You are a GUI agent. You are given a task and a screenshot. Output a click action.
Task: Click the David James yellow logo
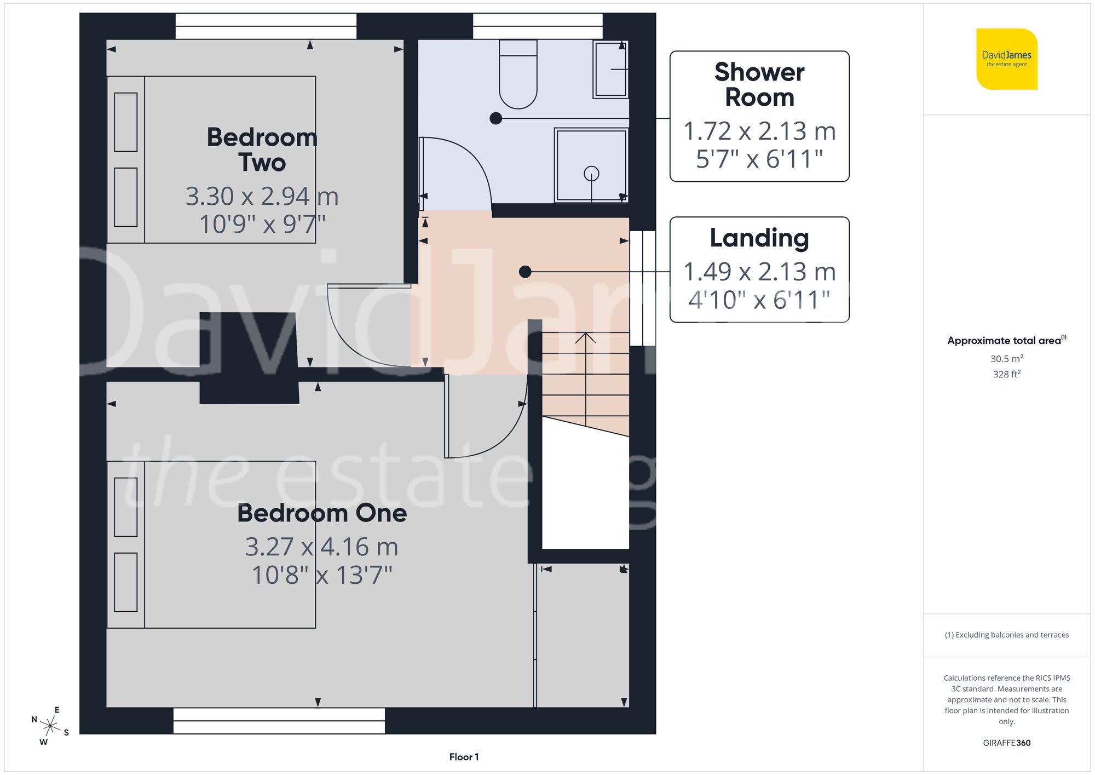[x=1006, y=59]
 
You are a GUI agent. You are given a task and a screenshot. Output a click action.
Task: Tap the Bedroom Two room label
[x=262, y=150]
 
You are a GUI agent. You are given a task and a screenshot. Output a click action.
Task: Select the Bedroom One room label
[x=322, y=513]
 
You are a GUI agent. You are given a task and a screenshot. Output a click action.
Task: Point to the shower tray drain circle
[x=591, y=174]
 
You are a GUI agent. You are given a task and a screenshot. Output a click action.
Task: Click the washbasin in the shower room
[x=610, y=70]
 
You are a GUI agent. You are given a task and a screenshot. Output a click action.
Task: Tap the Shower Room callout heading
[x=759, y=85]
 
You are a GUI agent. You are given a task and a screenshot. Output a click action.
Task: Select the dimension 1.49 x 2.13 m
[x=759, y=272]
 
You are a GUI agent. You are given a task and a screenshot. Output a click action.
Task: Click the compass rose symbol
[x=50, y=726]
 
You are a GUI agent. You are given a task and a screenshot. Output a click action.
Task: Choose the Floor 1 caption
[x=464, y=757]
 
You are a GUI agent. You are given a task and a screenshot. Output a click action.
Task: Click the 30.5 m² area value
[x=1006, y=359]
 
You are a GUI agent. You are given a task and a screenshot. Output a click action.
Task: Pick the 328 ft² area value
[x=1006, y=374]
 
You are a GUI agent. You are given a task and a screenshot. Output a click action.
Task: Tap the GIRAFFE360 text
[x=1006, y=743]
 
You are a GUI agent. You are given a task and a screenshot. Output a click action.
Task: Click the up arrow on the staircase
[x=585, y=340]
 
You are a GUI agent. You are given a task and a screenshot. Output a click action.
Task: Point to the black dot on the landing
[x=525, y=271]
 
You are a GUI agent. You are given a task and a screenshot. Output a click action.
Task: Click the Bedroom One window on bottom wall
[x=279, y=721]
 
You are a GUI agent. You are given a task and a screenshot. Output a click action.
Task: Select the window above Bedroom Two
[x=266, y=26]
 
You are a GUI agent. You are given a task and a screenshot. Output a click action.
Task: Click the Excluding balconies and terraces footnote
[x=1006, y=635]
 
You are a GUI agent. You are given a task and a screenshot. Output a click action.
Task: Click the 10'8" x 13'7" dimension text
[x=322, y=575]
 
